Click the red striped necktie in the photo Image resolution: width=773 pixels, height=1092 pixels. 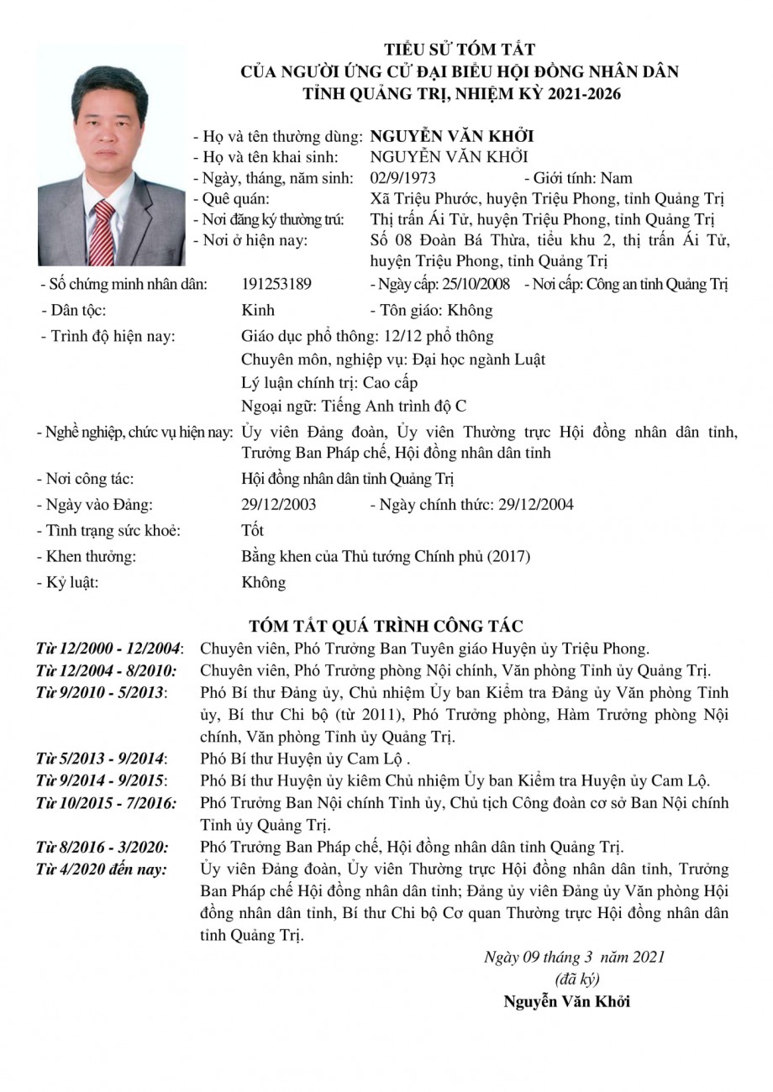(x=103, y=230)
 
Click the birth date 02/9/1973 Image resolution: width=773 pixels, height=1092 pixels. (x=402, y=178)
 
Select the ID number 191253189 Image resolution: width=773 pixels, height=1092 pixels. (x=276, y=284)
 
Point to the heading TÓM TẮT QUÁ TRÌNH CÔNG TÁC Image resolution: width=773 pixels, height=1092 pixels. (x=386, y=627)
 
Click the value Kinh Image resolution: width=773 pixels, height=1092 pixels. (x=257, y=310)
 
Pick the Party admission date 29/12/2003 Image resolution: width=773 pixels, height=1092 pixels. (x=278, y=505)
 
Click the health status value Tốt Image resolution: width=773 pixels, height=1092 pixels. (x=252, y=531)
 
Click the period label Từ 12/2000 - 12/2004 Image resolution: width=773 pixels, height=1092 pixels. (x=110, y=648)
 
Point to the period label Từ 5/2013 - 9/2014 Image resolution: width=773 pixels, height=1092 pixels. (x=102, y=759)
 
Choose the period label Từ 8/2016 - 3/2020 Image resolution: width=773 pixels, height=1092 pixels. (x=102, y=847)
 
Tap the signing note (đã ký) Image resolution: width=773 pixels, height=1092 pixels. (x=577, y=979)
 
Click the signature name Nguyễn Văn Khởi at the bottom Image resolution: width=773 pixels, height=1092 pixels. (x=567, y=1001)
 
